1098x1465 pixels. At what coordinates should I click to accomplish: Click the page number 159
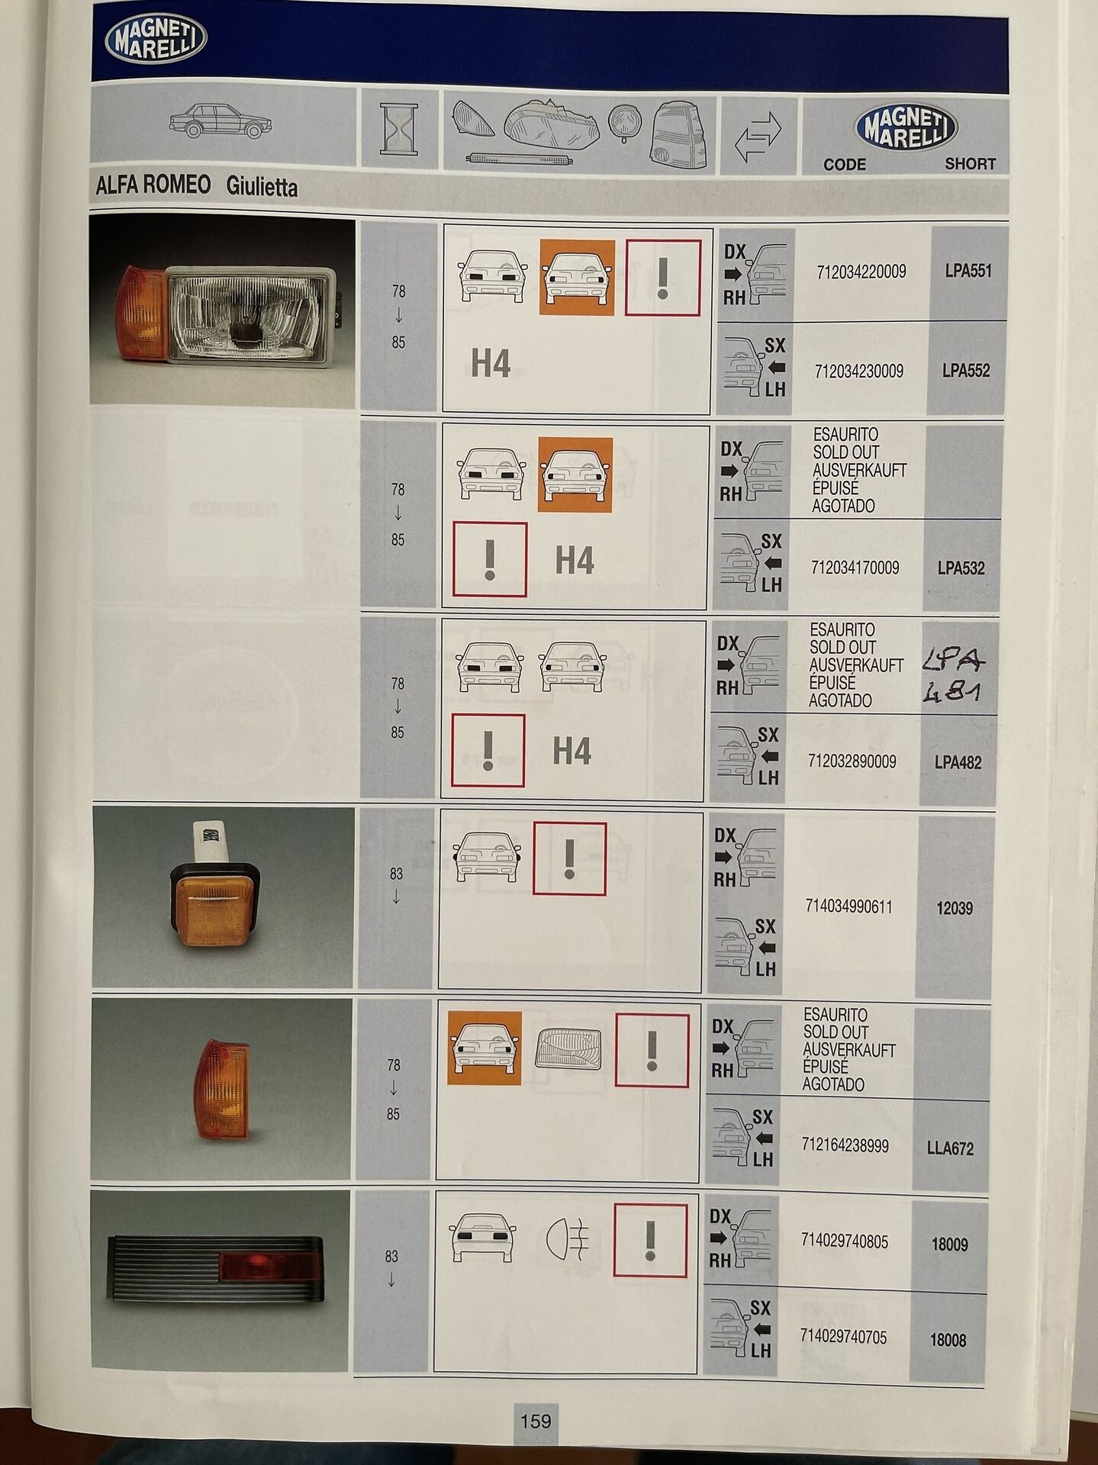point(535,1421)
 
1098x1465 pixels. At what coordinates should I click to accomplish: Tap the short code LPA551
point(968,271)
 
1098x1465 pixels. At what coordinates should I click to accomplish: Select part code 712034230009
point(858,372)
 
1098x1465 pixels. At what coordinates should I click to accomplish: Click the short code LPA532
point(961,568)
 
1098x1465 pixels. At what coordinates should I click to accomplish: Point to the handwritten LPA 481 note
point(954,675)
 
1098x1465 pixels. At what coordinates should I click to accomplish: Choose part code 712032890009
point(852,761)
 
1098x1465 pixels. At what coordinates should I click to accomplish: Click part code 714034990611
point(848,906)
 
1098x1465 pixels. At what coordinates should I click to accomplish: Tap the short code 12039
point(954,908)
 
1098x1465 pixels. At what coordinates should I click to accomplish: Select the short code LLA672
point(950,1148)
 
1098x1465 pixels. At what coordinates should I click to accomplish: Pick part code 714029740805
point(844,1241)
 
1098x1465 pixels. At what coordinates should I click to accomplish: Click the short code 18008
point(948,1340)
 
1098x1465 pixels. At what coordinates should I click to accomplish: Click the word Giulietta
point(262,187)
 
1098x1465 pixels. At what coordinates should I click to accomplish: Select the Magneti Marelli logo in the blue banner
point(156,40)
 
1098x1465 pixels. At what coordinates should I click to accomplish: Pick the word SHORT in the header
point(970,163)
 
